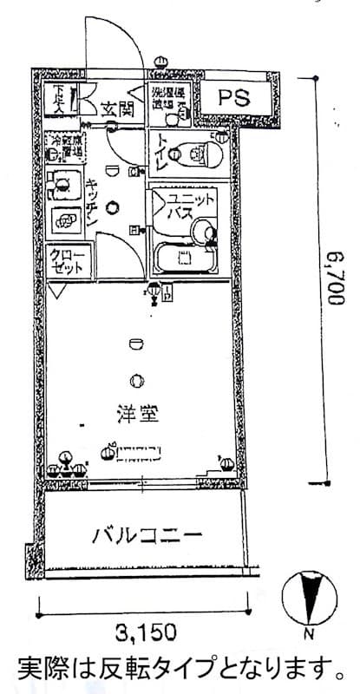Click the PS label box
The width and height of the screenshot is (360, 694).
(x=232, y=98)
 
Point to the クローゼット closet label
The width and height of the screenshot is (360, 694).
(x=67, y=262)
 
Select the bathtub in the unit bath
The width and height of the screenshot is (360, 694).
(x=185, y=257)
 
